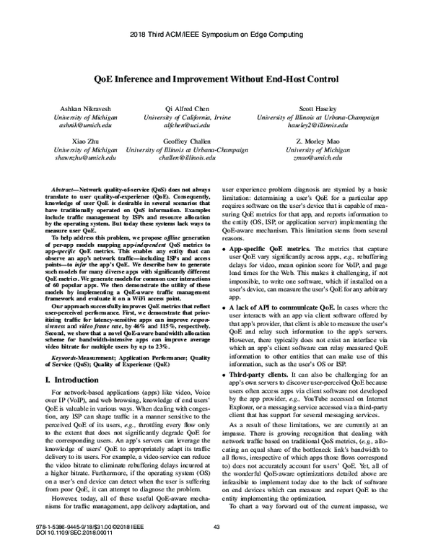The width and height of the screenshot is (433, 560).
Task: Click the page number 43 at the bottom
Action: (x=216, y=546)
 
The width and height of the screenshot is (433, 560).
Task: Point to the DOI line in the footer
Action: (x=70, y=552)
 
